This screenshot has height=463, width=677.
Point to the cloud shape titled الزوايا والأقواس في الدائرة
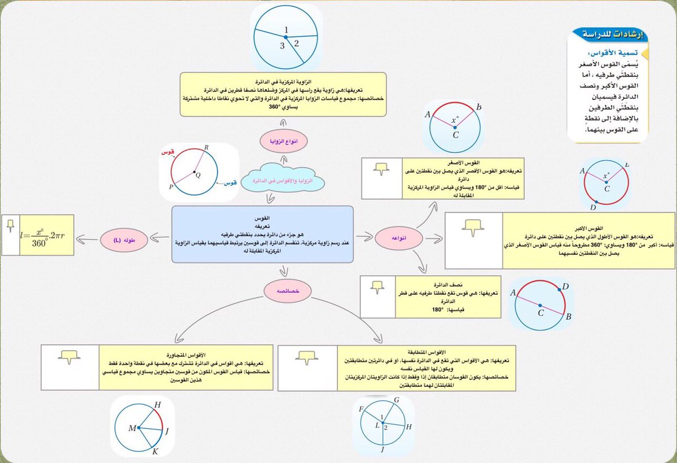pos(284,180)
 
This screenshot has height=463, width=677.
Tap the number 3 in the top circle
pos(282,46)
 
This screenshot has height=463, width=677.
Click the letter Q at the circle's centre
pos(198,175)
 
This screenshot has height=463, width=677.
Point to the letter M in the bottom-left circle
pos(132,429)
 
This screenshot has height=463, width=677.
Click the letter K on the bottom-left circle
pos(156,452)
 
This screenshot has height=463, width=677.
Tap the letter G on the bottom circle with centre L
pos(397,400)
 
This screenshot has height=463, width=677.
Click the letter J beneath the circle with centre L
pos(383,449)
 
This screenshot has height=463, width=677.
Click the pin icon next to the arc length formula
pos(10,226)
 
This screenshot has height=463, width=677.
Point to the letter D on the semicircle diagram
pos(565,287)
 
